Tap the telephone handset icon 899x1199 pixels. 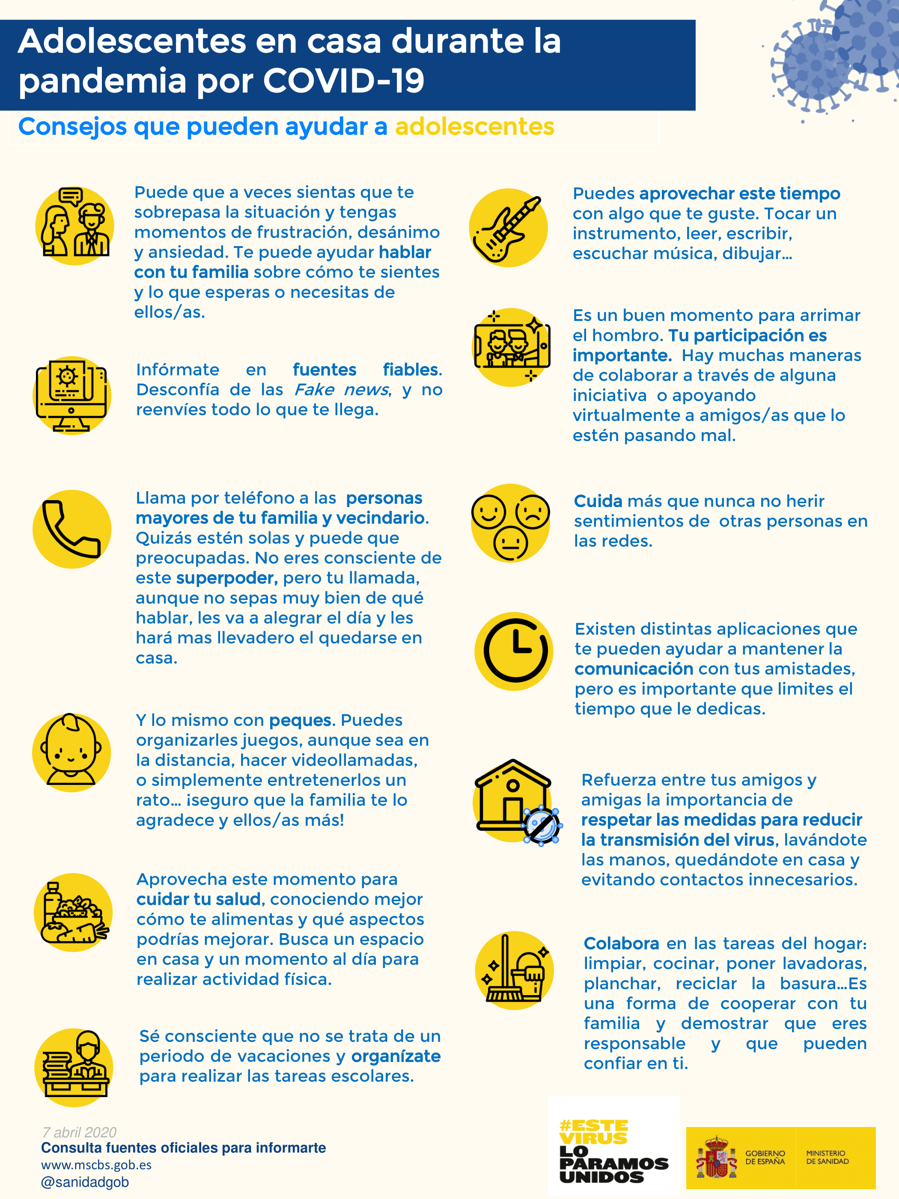pos(71,529)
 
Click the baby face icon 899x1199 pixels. pos(71,752)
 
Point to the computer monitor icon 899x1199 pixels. pos(71,395)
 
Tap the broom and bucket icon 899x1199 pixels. pos(514,970)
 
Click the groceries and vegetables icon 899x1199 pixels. pos(73,912)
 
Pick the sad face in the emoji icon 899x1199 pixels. pos(532,512)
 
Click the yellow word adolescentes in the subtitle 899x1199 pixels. pos(474,127)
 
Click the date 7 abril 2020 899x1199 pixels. pos(79,1132)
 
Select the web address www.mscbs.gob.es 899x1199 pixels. pos(96,1165)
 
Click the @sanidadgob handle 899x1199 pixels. pos(85,1181)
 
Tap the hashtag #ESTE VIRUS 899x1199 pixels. pos(593,1132)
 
